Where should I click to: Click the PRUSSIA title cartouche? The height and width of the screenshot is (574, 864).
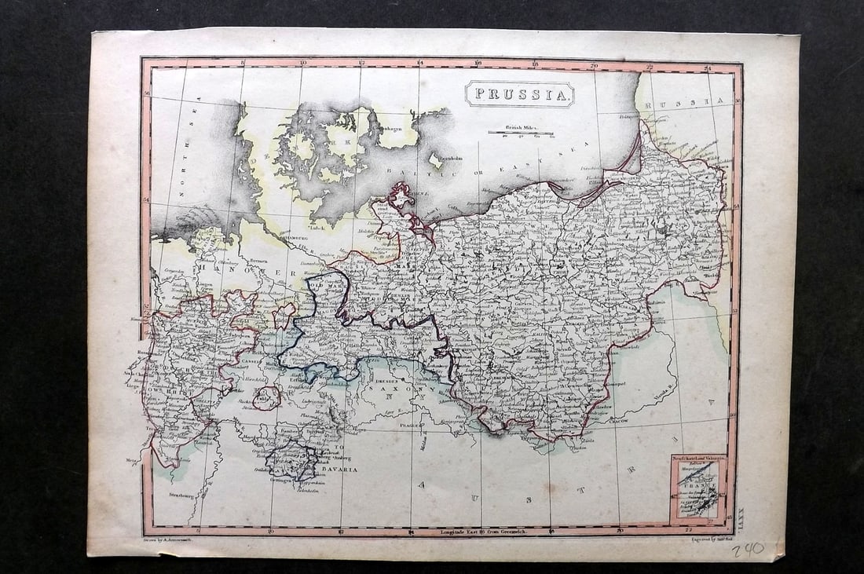(x=519, y=95)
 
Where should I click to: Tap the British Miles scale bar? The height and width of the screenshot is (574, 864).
(x=520, y=132)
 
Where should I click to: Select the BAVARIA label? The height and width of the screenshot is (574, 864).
(x=337, y=469)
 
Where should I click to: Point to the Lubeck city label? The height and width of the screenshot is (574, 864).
(x=317, y=229)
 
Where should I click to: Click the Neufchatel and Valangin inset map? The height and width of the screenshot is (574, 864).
(x=697, y=488)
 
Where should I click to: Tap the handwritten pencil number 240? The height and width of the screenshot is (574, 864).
(x=747, y=550)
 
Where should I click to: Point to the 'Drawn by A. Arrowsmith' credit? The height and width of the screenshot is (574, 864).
(x=174, y=541)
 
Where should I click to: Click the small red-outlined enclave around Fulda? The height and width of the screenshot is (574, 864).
(x=267, y=397)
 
